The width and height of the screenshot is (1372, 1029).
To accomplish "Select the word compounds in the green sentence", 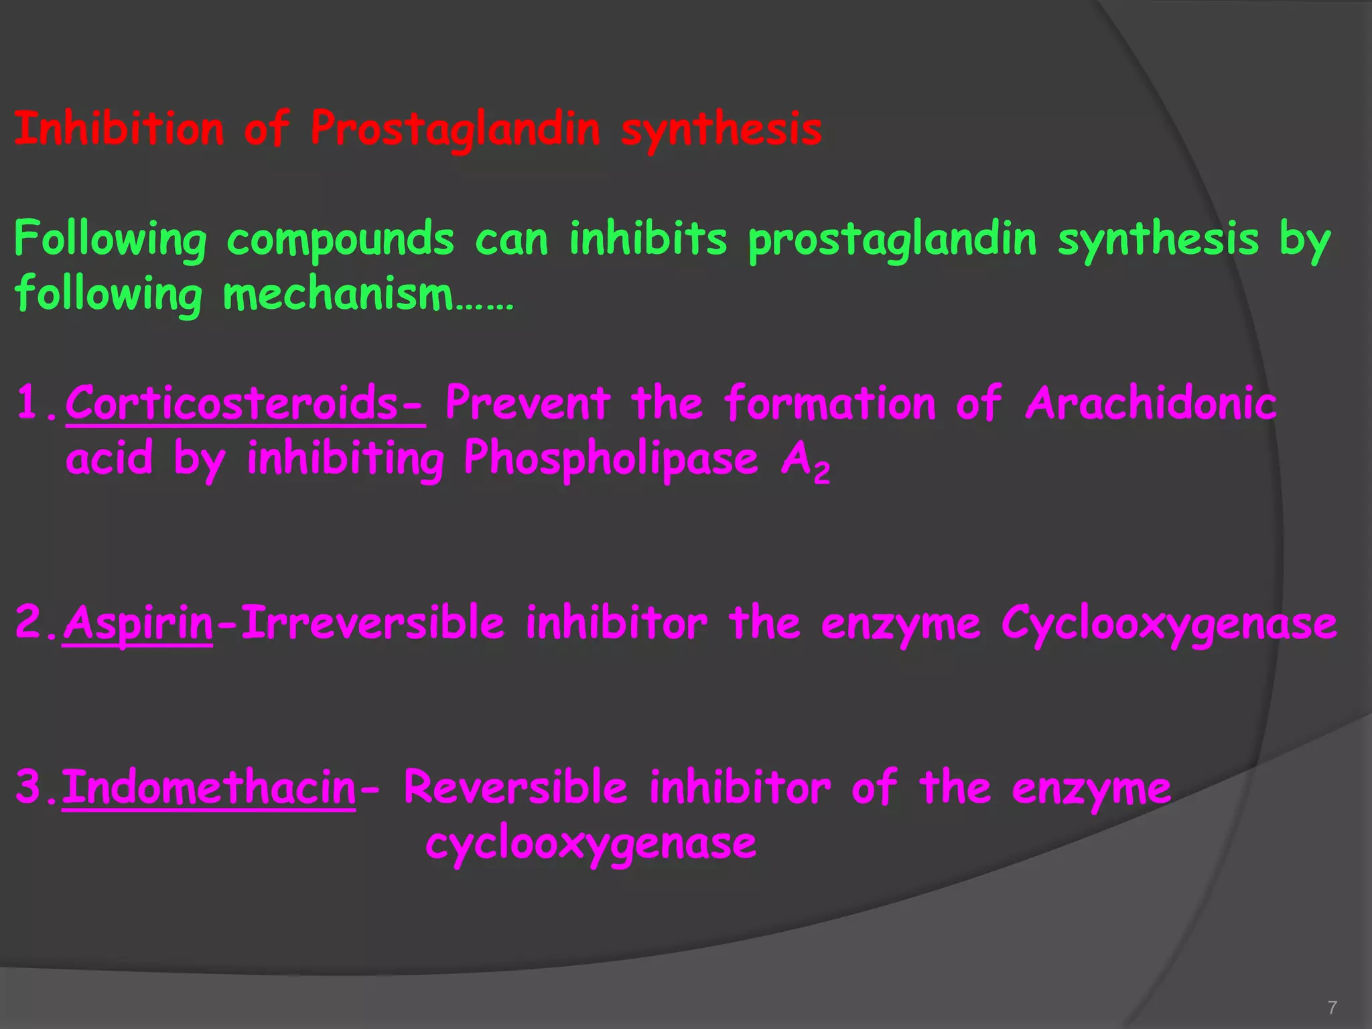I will [340, 240].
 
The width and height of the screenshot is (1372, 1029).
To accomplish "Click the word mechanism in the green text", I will [338, 295].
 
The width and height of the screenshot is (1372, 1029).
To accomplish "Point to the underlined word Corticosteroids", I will [245, 404].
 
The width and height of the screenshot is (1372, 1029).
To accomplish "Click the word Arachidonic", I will [1150, 404].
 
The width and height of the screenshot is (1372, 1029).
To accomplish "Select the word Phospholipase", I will [610, 459].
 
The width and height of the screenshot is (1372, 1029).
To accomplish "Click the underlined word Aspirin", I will [139, 623].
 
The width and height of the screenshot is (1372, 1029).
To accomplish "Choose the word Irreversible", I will [372, 623].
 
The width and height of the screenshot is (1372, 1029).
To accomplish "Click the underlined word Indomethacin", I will [209, 787].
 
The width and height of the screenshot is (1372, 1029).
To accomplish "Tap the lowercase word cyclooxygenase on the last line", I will [591, 843].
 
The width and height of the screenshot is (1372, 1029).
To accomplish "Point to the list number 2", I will [29, 622].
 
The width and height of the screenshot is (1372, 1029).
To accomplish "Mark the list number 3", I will [29, 786].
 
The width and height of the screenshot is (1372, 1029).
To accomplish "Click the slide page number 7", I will [1332, 1007].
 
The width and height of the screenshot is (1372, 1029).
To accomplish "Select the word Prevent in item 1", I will [528, 404].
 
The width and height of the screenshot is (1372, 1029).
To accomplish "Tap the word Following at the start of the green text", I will [111, 240].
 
